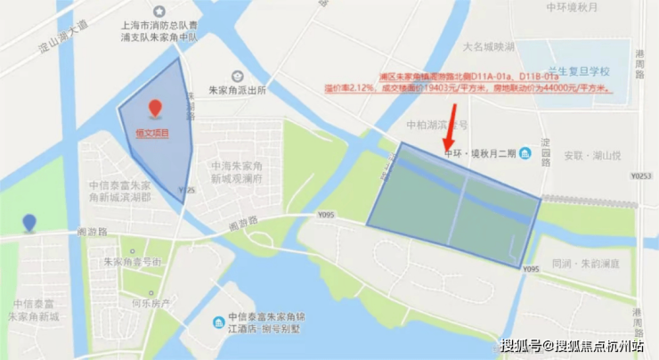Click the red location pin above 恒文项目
(156, 108)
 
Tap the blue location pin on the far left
(29, 223)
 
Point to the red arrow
(452, 126)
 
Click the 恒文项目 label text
(151, 134)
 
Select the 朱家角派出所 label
(237, 92)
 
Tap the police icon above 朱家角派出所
(237, 76)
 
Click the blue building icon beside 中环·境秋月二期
(526, 153)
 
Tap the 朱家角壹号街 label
(132, 262)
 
